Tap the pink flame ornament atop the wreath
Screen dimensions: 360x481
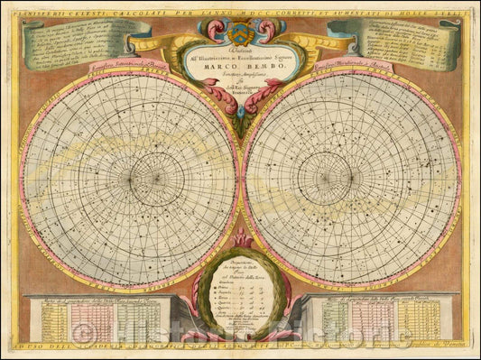coord(240,239)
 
